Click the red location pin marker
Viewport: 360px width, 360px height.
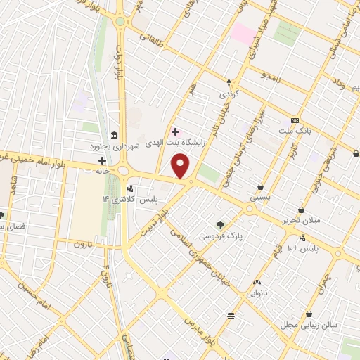pos(181,167)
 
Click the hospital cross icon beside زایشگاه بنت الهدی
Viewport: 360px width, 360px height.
pos(175,131)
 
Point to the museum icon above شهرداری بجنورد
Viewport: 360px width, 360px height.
pos(114,135)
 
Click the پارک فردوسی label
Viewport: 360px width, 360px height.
pos(221,237)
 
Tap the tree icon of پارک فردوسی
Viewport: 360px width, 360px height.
pos(221,225)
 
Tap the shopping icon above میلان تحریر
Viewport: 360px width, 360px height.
pos(301,209)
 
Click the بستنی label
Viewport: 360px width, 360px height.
pos(260,198)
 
